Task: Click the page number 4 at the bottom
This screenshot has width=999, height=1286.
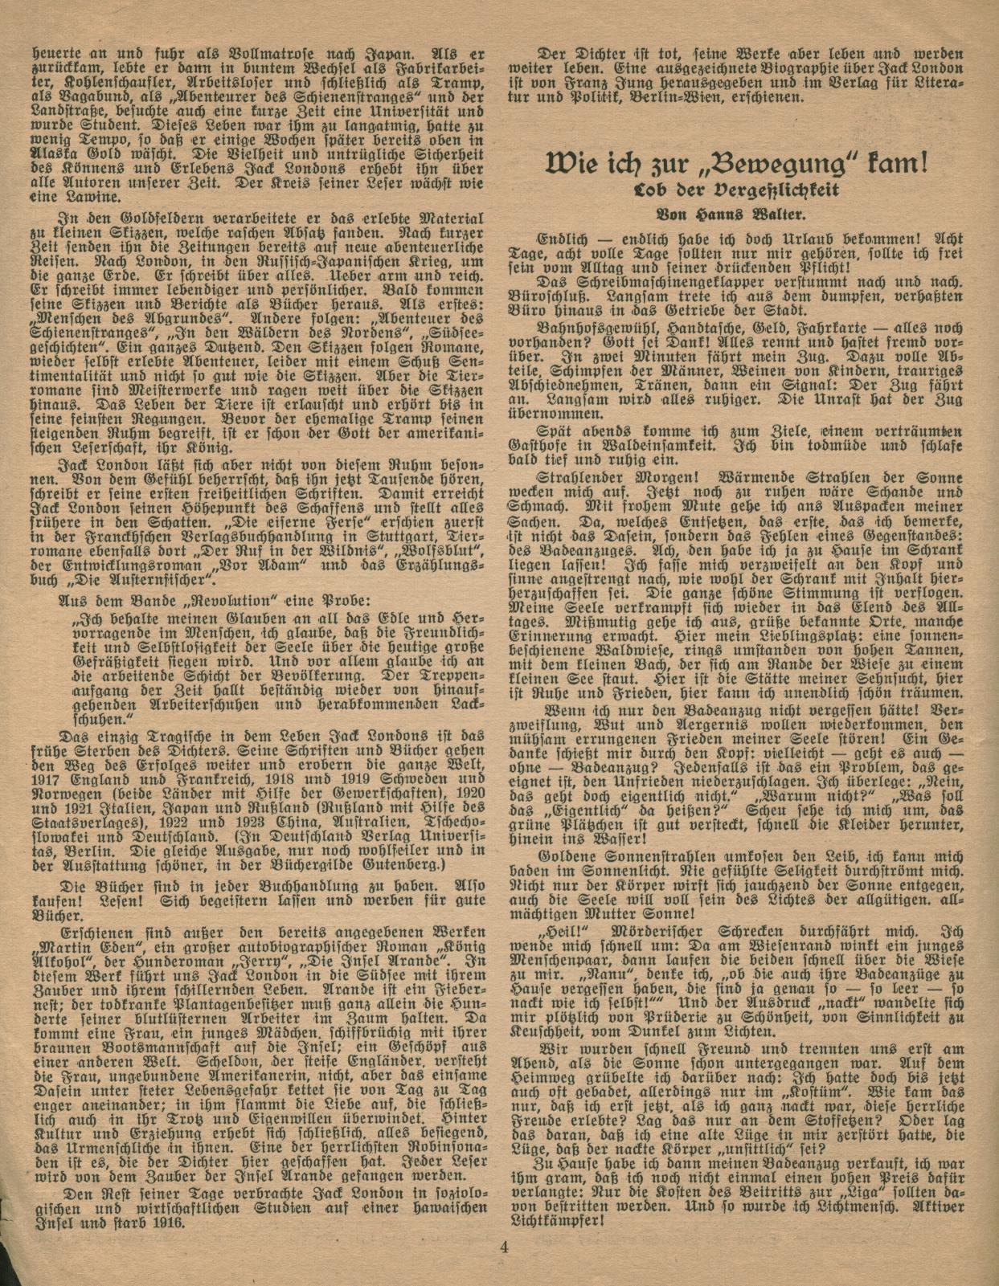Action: click(505, 1247)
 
